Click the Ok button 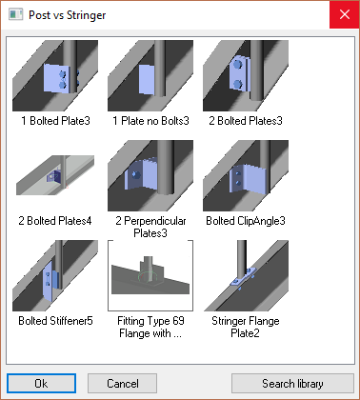41,383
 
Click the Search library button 292,383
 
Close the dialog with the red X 345,14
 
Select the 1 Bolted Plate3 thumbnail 55,75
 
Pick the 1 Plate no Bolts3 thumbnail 150,75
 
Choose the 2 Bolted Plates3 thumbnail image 246,75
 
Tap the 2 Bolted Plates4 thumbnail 55,175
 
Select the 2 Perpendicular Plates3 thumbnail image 150,175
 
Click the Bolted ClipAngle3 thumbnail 246,175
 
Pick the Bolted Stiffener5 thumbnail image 55,275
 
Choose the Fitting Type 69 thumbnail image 150,275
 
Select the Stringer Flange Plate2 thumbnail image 246,275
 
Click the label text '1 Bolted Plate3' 55,121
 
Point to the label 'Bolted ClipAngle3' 246,221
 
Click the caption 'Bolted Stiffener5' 55,321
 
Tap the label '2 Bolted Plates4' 55,221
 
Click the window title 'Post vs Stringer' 68,15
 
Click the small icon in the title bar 15,14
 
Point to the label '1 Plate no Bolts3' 150,121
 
